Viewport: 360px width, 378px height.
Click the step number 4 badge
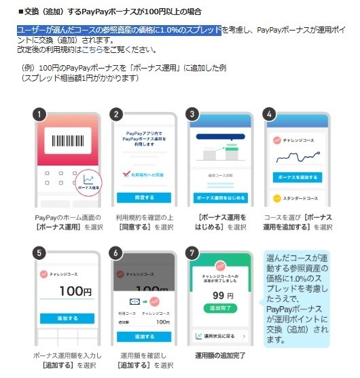270,115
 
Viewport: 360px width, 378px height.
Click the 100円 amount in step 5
75,292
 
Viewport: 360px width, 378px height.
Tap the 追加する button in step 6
144,336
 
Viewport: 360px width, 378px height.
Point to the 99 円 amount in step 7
222,296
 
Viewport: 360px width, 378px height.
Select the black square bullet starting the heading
20,12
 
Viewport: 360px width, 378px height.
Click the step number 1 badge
40,115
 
